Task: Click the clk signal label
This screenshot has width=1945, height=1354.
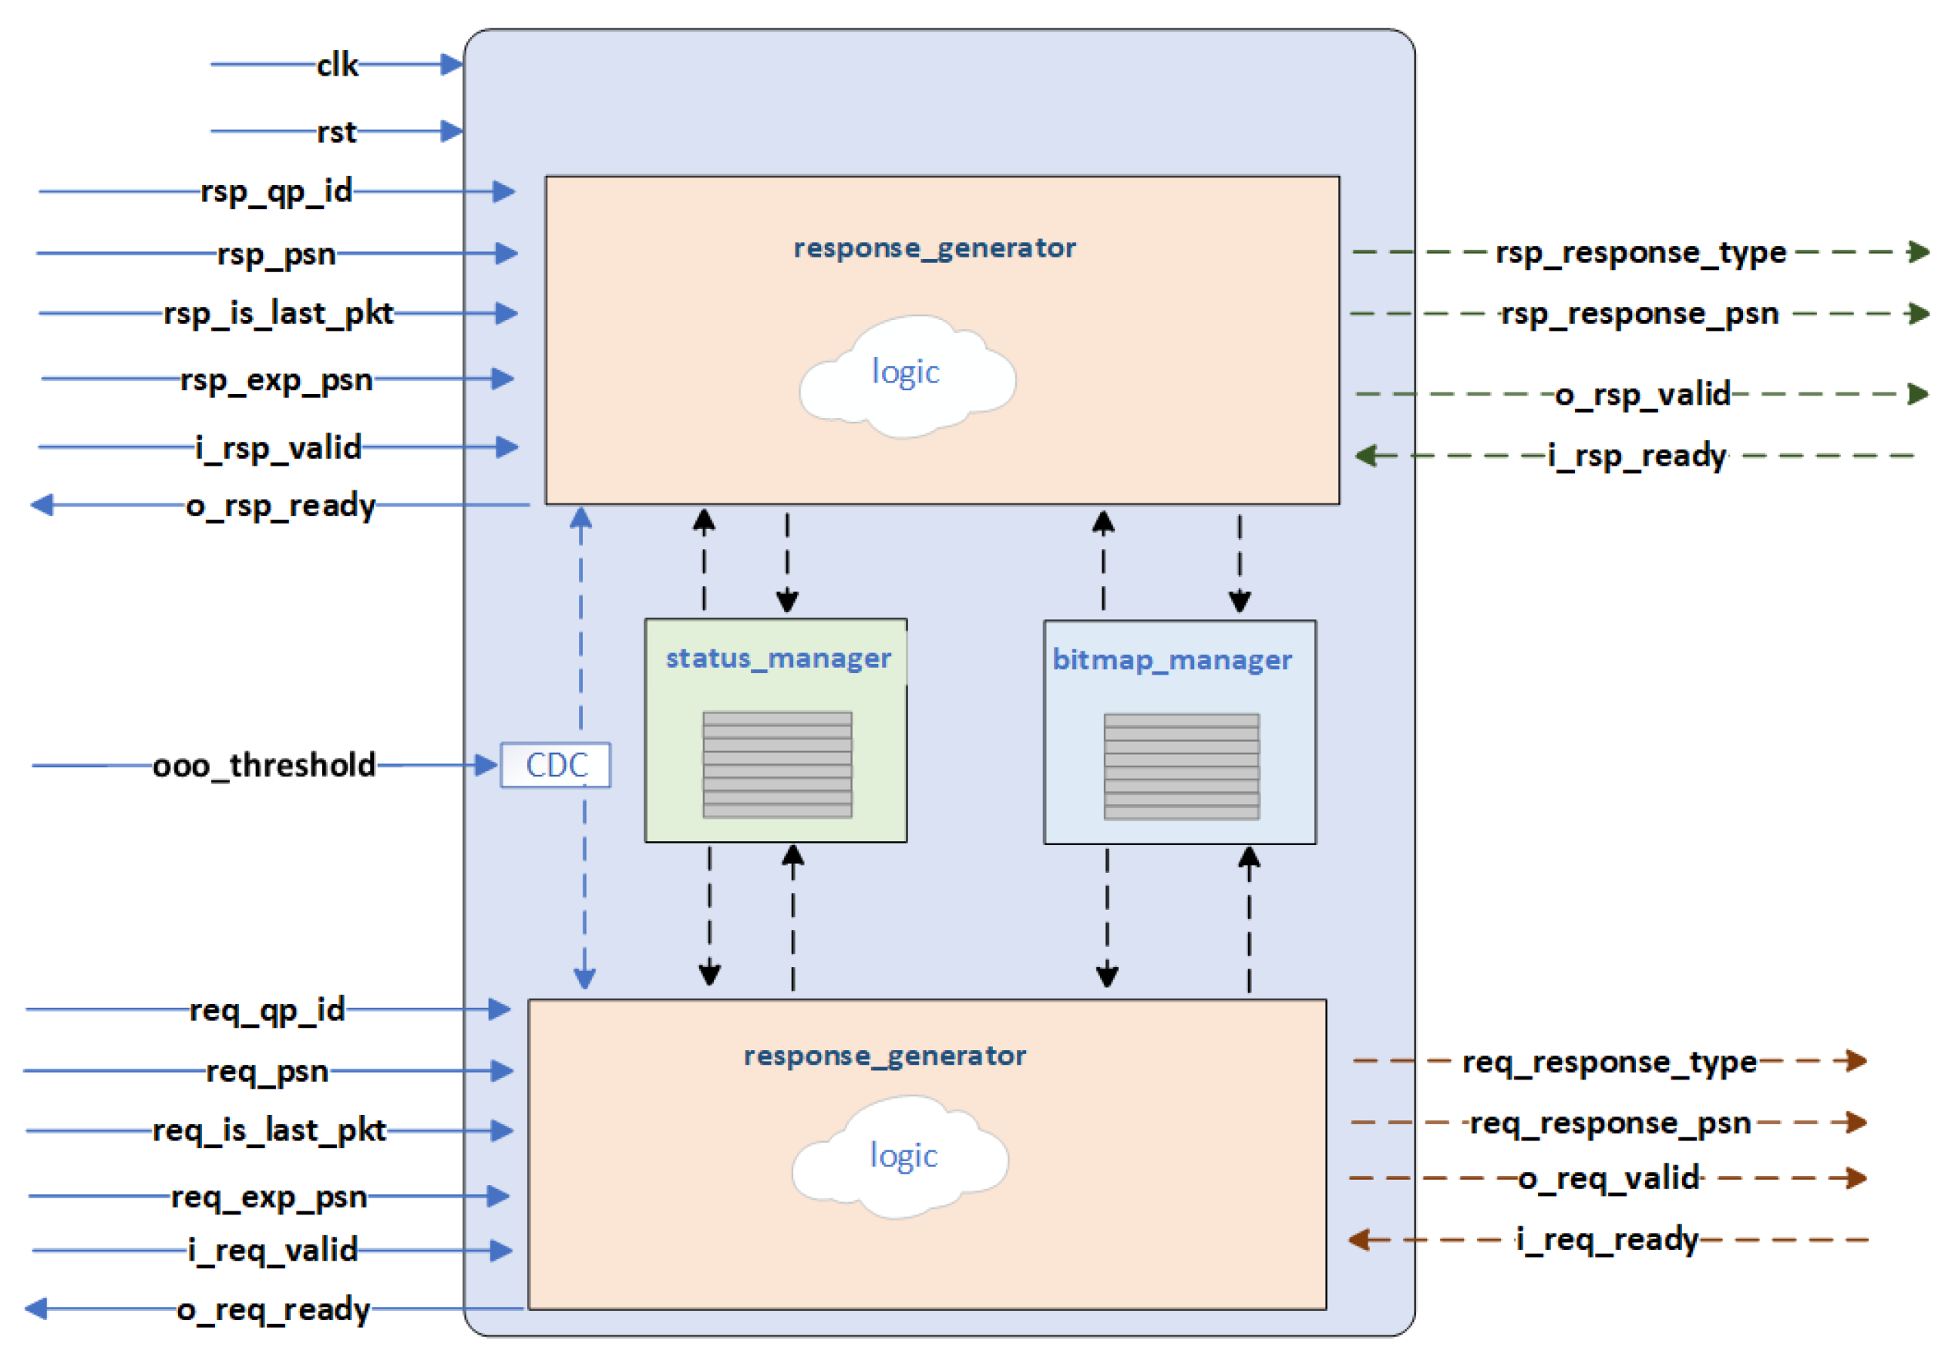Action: [x=336, y=66]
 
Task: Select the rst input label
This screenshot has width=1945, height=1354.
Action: [x=336, y=132]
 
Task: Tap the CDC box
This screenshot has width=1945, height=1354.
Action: [x=556, y=765]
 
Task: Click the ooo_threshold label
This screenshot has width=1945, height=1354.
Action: [x=264, y=765]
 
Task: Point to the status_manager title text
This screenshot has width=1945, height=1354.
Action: [x=778, y=658]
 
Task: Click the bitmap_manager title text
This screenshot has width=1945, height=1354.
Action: [x=1172, y=660]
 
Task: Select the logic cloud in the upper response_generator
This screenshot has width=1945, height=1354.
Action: [x=907, y=376]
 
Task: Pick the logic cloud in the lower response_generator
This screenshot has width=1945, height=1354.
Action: [x=902, y=1157]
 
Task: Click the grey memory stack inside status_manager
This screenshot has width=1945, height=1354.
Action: [x=777, y=765]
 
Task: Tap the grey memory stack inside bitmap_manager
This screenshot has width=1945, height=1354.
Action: [x=1181, y=766]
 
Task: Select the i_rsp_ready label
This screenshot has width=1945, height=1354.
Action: [x=1637, y=456]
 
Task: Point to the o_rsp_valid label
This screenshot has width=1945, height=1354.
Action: [x=1642, y=395]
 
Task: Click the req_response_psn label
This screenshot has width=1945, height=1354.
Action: [x=1610, y=1123]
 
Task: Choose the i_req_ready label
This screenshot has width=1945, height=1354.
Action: [x=1607, y=1240]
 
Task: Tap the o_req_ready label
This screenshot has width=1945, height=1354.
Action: [x=273, y=1310]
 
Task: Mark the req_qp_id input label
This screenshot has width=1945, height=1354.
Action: [x=267, y=1010]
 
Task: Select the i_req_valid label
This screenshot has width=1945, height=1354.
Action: [x=273, y=1251]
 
